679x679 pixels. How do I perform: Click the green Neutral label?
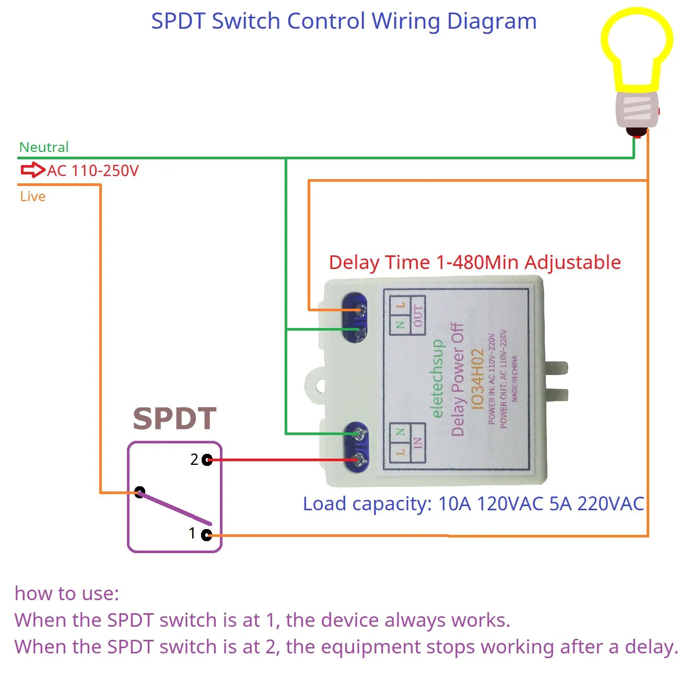coord(44,147)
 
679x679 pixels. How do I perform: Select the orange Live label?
coord(33,196)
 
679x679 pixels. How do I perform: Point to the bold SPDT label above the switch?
coord(174,418)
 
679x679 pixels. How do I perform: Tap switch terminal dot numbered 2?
coord(207,460)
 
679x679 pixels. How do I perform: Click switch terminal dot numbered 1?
coord(206,534)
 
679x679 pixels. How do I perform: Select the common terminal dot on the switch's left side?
coord(139,492)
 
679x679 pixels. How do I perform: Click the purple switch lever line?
coord(175,508)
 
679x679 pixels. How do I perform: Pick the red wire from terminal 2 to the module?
coord(282,460)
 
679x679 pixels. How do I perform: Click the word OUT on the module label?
coord(418,315)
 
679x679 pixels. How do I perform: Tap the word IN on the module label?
coord(417,443)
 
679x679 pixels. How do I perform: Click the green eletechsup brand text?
coord(437,379)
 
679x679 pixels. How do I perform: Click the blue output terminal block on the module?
coord(355,318)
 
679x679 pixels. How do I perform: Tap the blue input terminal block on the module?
coord(356,447)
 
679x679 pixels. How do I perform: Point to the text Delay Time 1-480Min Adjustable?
coord(475,262)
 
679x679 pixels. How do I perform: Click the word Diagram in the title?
coord(491,21)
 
